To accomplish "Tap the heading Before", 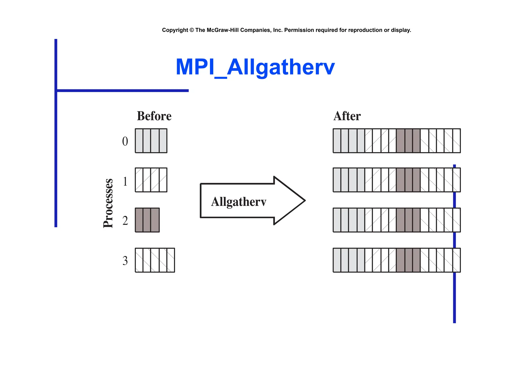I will click(x=154, y=116).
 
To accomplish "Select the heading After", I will click(x=347, y=116).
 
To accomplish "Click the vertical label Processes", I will click(x=108, y=203).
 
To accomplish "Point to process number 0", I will click(x=125, y=141).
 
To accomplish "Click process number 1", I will click(x=125, y=181).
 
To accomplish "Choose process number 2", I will click(x=125, y=221).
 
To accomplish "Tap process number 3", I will click(x=125, y=261).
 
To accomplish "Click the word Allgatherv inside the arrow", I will click(x=239, y=202).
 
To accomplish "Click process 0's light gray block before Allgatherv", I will click(x=151, y=141).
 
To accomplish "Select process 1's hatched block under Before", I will click(x=151, y=180).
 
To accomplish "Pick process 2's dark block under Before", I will click(x=147, y=220).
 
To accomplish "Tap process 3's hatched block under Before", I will click(x=155, y=260).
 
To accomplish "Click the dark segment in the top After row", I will click(x=408, y=141).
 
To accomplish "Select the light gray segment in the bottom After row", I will click(x=349, y=260).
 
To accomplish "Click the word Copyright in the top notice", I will click(x=175, y=30).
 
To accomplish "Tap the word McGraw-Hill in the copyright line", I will click(x=222, y=30).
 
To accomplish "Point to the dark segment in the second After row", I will click(x=408, y=180).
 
